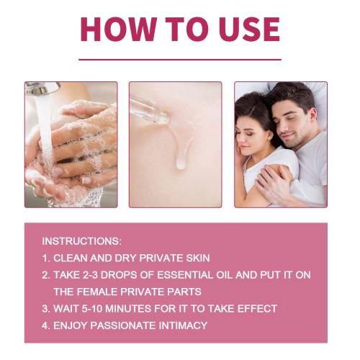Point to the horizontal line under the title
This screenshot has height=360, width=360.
[180, 60]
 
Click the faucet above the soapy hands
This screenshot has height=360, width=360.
[42, 89]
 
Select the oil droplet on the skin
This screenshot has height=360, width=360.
[181, 164]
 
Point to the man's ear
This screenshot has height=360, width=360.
[312, 117]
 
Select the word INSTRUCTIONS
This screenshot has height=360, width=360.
[81, 241]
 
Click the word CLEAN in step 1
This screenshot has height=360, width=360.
[71, 258]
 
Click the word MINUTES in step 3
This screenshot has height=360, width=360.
[128, 309]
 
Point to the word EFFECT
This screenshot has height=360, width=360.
[257, 309]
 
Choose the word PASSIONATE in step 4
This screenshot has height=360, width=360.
[123, 325]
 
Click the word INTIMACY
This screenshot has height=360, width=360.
[183, 325]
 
